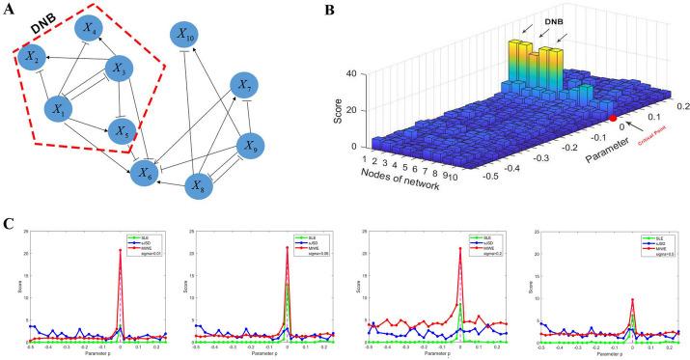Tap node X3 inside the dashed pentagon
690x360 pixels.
[119, 70]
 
